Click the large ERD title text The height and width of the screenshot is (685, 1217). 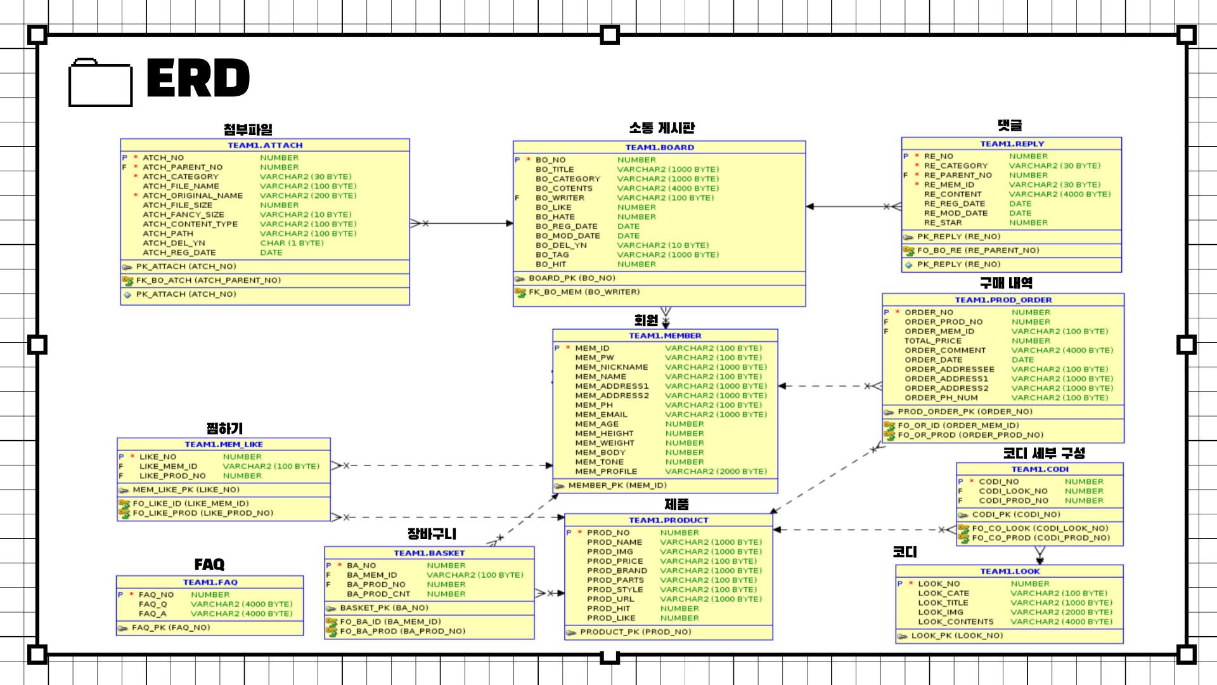pyautogui.click(x=198, y=79)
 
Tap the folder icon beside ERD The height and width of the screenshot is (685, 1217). pyautogui.click(x=100, y=83)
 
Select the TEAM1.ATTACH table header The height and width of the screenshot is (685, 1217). pyautogui.click(x=265, y=145)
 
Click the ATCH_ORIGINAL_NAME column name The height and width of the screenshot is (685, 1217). pyautogui.click(x=192, y=196)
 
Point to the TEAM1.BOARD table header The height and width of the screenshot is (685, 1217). pyautogui.click(x=659, y=147)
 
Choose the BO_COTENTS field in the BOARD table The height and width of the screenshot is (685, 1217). pyautogui.click(x=563, y=188)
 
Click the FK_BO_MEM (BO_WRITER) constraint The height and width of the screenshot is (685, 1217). pyautogui.click(x=584, y=292)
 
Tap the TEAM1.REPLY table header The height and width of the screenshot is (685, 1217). pyautogui.click(x=1012, y=144)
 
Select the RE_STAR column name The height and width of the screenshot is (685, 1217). pyautogui.click(x=943, y=223)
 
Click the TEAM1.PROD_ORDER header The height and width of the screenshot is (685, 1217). pyautogui.click(x=1003, y=300)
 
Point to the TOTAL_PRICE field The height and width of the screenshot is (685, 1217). pyautogui.click(x=932, y=341)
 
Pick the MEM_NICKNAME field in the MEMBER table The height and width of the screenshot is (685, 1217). pyautogui.click(x=611, y=367)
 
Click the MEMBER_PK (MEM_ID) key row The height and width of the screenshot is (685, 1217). pyautogui.click(x=617, y=486)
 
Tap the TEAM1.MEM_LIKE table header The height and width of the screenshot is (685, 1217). pyautogui.click(x=224, y=445)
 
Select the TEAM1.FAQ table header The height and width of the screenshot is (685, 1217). pyautogui.click(x=210, y=582)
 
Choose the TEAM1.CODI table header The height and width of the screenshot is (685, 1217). pyautogui.click(x=1040, y=469)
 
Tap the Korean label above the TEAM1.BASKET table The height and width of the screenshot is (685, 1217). pyautogui.click(x=432, y=534)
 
